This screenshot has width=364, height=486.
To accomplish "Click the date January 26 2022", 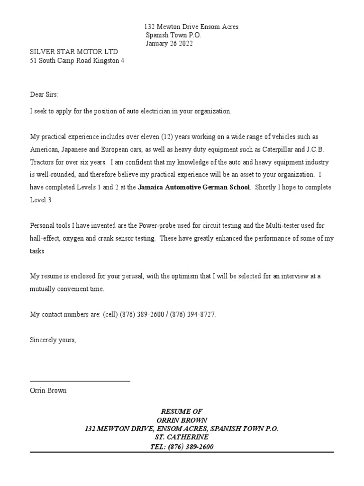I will tap(169, 44).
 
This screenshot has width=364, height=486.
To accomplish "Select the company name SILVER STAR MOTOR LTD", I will tap(74, 52).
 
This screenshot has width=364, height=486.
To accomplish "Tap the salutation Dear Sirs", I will tap(44, 94).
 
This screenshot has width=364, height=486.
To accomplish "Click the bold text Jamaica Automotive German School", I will tap(193, 187).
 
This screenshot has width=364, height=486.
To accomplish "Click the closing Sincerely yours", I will tap(53, 340).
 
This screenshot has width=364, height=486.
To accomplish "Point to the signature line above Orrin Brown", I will tap(80, 381).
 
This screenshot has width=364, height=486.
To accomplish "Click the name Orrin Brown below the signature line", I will tap(48, 391).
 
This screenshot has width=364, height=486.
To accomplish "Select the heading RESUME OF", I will tap(182, 411).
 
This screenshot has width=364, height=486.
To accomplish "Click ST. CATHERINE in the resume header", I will tap(182, 437).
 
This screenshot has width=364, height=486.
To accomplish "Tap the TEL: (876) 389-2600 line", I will tap(182, 447).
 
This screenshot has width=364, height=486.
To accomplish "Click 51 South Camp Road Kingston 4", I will tap(77, 61).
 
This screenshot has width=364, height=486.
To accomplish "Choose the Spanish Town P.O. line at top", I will tap(173, 36).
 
